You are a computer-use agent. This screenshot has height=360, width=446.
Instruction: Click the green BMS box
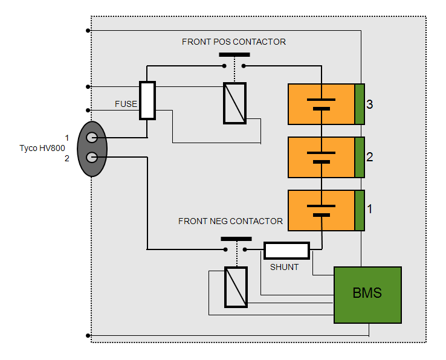367,294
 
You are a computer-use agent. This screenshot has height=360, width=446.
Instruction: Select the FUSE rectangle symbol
147,100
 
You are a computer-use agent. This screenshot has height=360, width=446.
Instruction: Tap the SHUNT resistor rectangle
286,250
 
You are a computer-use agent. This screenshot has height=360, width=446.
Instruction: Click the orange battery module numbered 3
321,104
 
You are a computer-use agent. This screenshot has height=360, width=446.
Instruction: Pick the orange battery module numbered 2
321,157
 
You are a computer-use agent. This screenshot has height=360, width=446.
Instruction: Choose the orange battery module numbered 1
321,210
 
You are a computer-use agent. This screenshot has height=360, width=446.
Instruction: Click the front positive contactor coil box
234,103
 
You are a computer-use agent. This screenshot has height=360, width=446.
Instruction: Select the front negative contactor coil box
236,286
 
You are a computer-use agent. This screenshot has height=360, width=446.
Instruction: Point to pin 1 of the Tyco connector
92,138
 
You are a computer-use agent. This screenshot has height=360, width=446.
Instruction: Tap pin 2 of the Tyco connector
92,158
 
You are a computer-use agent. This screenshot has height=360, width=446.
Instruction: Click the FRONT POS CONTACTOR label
234,42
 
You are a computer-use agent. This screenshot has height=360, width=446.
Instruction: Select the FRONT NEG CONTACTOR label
230,221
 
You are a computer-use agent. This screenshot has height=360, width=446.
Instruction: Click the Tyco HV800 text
42,148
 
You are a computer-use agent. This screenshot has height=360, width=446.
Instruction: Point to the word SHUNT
284,267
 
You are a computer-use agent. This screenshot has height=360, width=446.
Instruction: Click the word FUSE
126,104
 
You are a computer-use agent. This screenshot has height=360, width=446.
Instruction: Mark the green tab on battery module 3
360,104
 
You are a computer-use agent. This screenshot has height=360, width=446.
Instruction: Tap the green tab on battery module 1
360,210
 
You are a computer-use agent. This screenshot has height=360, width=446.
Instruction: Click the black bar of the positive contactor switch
234,55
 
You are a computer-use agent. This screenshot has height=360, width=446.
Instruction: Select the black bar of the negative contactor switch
236,239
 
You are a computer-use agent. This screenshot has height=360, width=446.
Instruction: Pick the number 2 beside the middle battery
370,157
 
